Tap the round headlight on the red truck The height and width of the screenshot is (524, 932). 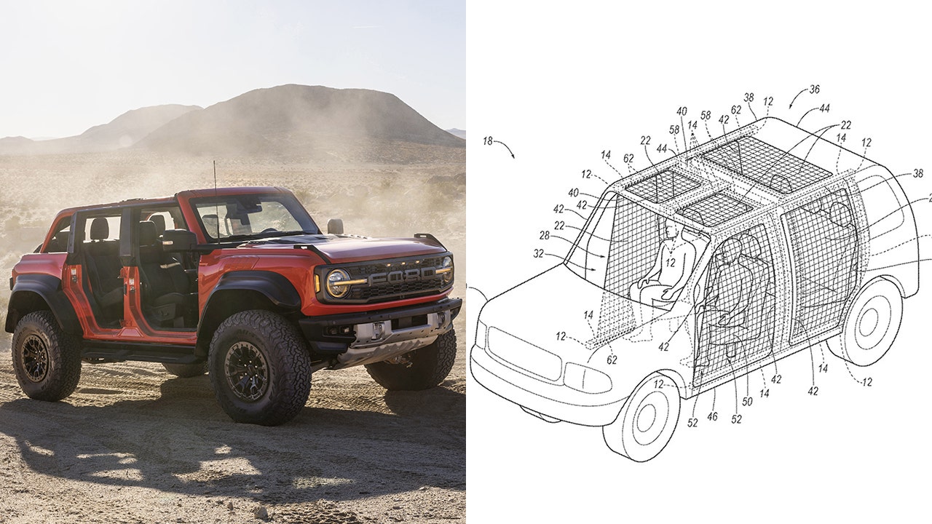coord(338,283)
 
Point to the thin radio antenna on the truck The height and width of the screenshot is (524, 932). coord(216,202)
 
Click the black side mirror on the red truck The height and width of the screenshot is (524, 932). coord(179,241)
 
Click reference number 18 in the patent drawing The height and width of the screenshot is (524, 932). coord(488,141)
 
